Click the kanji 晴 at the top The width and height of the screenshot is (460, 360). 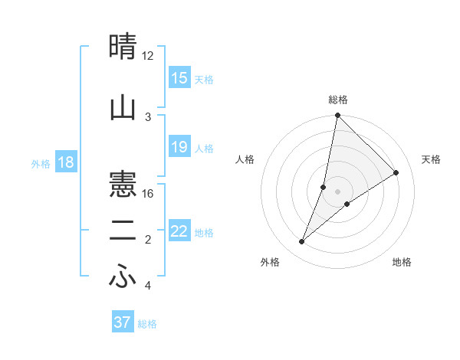point(123,47)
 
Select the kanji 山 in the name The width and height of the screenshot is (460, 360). point(123,108)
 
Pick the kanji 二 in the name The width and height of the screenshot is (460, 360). point(123,231)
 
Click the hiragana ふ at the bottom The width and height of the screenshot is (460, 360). point(123,278)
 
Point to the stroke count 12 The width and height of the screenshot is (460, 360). point(148,56)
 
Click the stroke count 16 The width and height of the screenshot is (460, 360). point(148,194)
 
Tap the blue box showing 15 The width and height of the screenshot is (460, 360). point(179,78)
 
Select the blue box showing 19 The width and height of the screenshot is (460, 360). point(179,147)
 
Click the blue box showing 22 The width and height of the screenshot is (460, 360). point(179,231)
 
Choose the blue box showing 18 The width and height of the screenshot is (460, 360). point(64,162)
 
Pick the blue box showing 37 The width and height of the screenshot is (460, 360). point(122,322)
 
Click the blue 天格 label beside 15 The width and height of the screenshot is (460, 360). point(204,79)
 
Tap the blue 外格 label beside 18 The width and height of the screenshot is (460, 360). point(41,163)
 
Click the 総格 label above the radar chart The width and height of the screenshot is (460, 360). point(338,100)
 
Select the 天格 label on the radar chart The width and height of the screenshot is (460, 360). point(431,159)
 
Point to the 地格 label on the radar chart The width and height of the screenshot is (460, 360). point(402,262)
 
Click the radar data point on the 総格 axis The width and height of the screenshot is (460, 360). point(337,115)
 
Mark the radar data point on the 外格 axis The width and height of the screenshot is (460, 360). point(302,242)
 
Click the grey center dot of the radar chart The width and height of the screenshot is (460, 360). point(337,191)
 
